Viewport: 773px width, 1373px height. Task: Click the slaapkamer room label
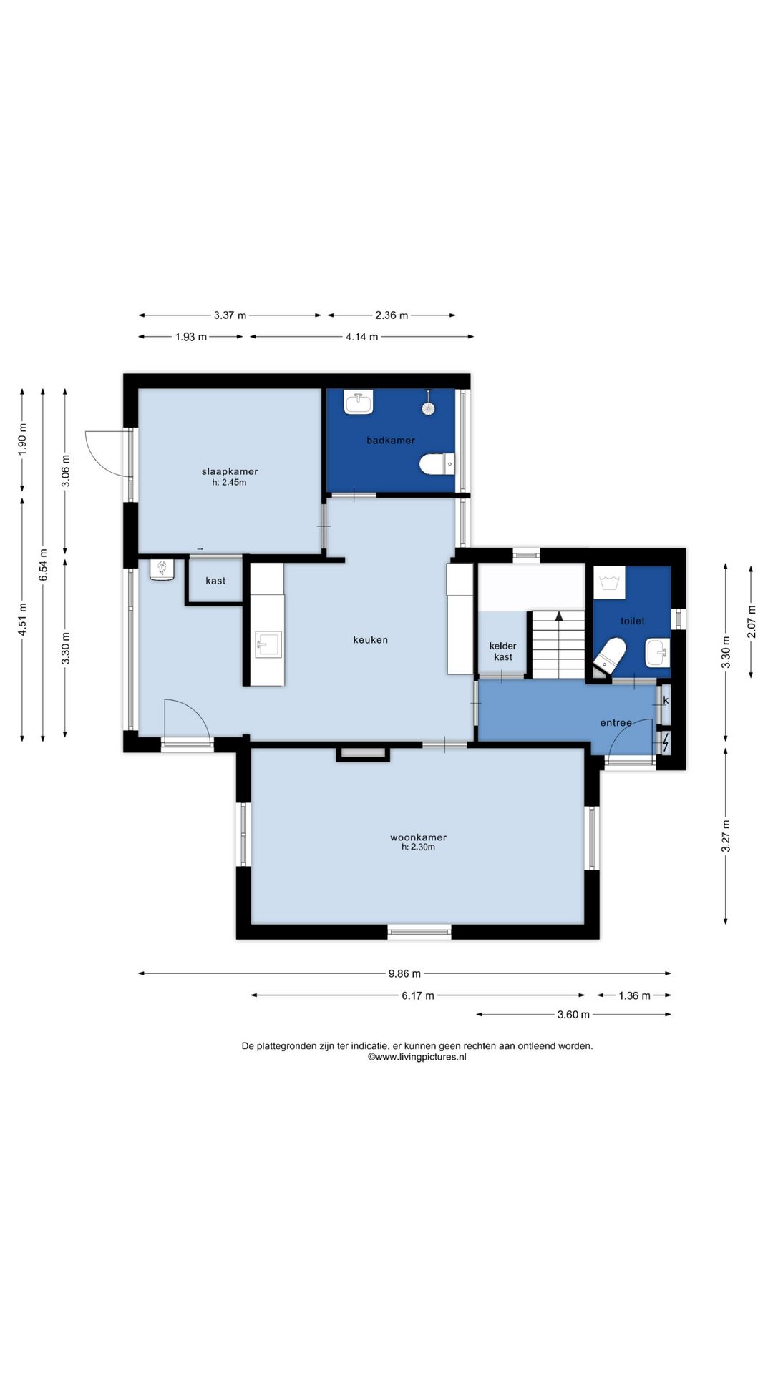[x=230, y=471]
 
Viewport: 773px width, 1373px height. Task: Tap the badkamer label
[x=391, y=441]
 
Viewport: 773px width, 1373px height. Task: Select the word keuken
[x=371, y=640]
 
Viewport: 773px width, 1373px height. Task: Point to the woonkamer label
[x=419, y=837]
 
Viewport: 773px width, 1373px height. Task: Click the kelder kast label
[x=503, y=651]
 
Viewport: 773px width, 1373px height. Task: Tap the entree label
[x=616, y=723]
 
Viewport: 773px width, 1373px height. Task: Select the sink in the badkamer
[x=359, y=403]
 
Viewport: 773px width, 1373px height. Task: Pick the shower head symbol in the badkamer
[x=428, y=405]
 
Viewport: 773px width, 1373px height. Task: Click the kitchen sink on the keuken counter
[x=268, y=644]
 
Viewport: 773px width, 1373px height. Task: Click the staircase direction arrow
[x=559, y=616]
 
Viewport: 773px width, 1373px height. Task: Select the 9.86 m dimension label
[x=404, y=973]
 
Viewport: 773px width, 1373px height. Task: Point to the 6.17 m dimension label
[x=418, y=995]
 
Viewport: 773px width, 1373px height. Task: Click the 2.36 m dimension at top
[x=392, y=315]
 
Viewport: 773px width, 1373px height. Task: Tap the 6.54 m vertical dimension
[x=44, y=564]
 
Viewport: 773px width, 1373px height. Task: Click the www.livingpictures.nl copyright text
[x=417, y=1057]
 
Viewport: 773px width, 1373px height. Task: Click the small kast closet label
[x=215, y=581]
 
